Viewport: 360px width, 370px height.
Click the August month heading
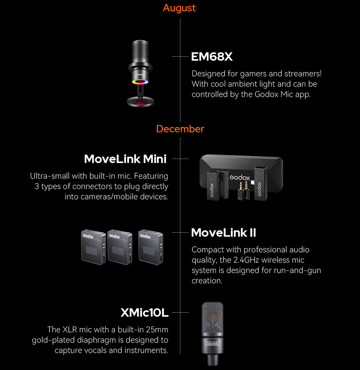click(x=179, y=8)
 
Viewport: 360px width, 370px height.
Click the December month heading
click(x=180, y=129)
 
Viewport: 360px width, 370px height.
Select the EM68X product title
click(x=212, y=57)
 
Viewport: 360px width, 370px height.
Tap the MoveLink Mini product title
click(x=125, y=159)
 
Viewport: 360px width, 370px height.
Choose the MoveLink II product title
click(x=223, y=233)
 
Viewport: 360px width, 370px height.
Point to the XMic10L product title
click(x=144, y=313)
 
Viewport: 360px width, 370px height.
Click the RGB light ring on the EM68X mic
click(x=140, y=82)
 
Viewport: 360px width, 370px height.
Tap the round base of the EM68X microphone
click(x=140, y=102)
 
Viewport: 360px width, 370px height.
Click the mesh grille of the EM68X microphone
click(x=140, y=51)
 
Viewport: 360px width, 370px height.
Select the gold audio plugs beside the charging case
click(x=243, y=191)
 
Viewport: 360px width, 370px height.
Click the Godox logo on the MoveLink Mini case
click(x=240, y=177)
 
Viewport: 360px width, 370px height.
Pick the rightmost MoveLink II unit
click(x=151, y=247)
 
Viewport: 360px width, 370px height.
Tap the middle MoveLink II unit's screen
click(x=118, y=251)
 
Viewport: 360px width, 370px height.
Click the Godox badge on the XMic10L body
click(x=213, y=344)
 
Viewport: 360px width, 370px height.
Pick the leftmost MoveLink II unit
click(x=93, y=247)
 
